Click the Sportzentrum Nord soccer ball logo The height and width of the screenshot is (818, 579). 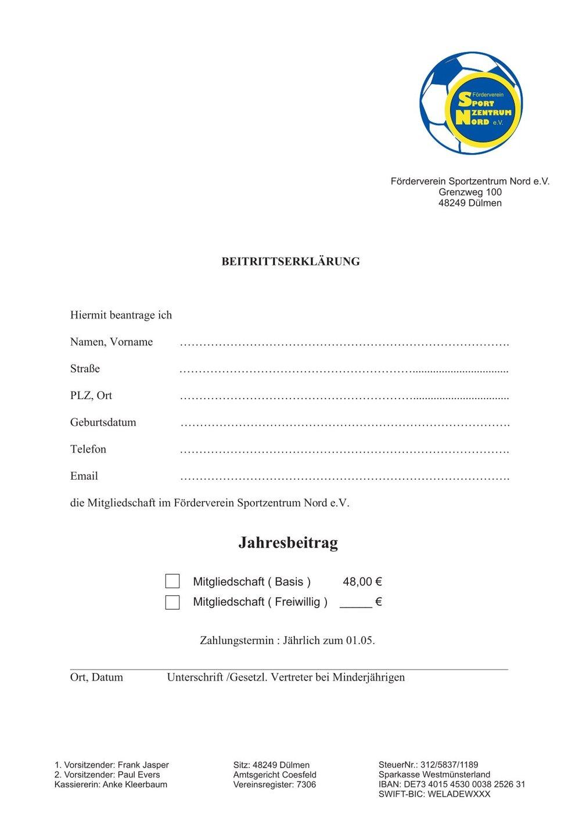click(x=471, y=104)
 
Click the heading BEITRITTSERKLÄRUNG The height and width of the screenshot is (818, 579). click(x=290, y=262)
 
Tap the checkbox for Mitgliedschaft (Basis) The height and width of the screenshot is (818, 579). click(x=172, y=581)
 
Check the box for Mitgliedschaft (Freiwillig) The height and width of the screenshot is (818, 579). click(x=172, y=602)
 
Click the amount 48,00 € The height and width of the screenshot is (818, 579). click(x=362, y=582)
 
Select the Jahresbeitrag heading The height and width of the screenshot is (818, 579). click(x=288, y=543)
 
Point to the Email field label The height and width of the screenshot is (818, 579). click(x=84, y=476)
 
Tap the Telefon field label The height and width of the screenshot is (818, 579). click(x=88, y=450)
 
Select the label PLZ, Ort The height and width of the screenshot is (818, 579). click(x=91, y=396)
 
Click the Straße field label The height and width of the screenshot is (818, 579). click(x=85, y=369)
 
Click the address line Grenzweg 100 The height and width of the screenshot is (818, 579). click(x=470, y=193)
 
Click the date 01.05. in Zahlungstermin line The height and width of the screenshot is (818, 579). click(x=361, y=641)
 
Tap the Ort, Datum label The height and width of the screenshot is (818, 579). click(x=96, y=677)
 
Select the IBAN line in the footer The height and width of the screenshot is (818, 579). click(x=451, y=784)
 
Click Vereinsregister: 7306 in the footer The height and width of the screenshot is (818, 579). click(x=274, y=784)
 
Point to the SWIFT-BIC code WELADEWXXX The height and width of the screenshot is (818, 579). click(x=459, y=794)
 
